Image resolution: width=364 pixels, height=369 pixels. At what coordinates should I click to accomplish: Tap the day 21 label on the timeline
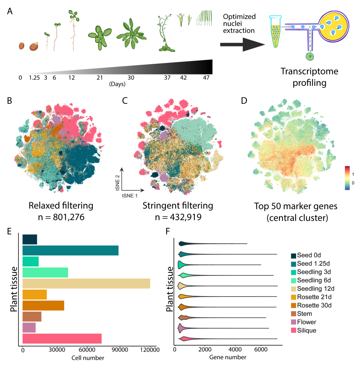[x=99, y=77]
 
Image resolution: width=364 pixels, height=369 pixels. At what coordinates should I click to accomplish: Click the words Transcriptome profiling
[x=310, y=77]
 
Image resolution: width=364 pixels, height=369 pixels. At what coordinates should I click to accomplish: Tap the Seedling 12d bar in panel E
[x=86, y=283]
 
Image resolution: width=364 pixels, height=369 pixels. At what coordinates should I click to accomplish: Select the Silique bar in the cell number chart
[x=62, y=338]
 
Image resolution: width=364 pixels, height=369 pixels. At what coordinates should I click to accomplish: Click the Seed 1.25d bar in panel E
[x=70, y=251]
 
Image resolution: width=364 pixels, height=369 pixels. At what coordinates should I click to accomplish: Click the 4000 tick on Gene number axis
[x=235, y=349]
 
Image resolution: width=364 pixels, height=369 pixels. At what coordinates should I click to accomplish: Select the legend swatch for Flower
[x=294, y=322]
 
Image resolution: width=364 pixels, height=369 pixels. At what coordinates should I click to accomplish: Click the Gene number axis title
[x=228, y=358]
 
